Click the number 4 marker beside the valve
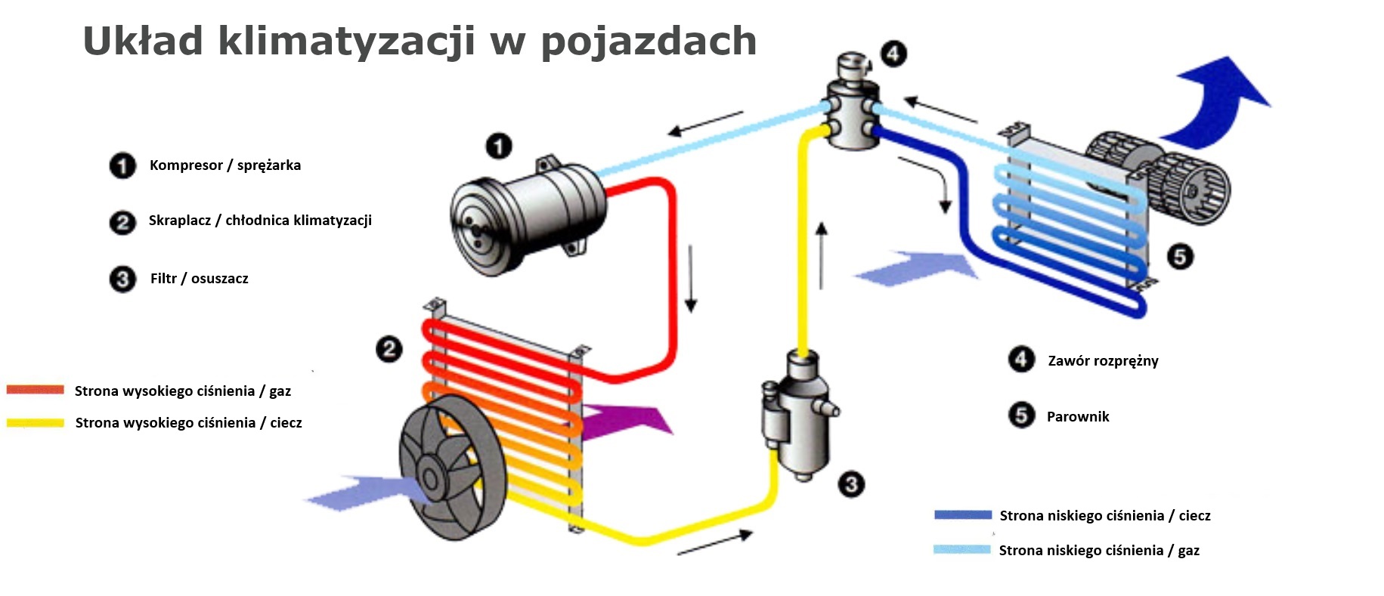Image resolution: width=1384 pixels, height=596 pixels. click(x=893, y=54)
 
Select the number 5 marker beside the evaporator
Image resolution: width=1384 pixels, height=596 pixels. click(x=1180, y=257)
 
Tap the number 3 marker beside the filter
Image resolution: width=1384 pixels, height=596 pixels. click(x=851, y=484)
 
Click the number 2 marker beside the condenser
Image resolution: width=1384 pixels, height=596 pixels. click(x=389, y=349)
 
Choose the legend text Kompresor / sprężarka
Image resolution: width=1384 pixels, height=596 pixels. click(x=225, y=165)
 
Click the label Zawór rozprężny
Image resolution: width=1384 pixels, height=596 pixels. click(x=1103, y=361)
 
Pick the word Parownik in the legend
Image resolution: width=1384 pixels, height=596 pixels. click(x=1078, y=416)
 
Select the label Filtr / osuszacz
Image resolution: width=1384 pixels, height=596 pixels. click(x=199, y=279)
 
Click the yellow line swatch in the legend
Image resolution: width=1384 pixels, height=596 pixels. click(x=36, y=422)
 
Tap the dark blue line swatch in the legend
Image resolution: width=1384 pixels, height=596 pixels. click(x=963, y=514)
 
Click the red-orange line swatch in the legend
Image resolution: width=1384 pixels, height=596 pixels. click(x=36, y=390)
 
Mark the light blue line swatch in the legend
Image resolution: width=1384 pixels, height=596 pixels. click(x=962, y=549)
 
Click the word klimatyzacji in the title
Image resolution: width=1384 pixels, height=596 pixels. click(x=347, y=41)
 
